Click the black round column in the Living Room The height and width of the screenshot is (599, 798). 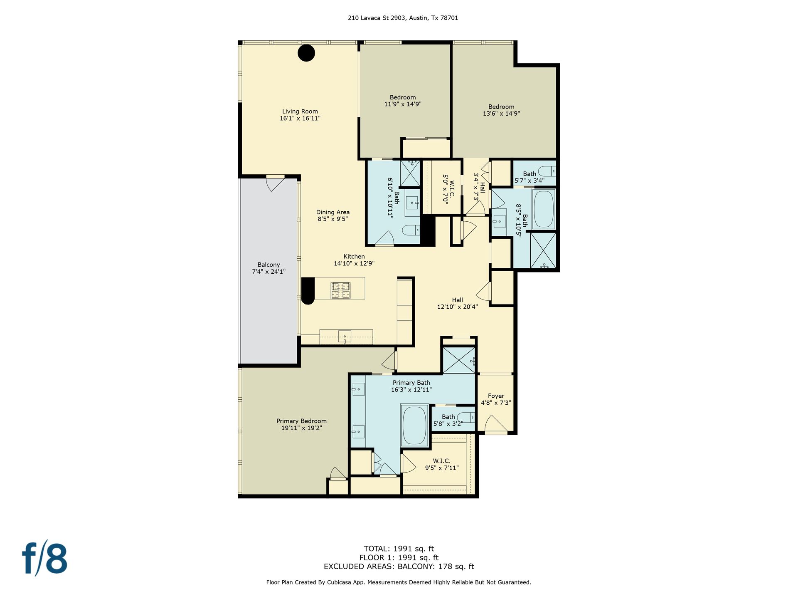point(306,53)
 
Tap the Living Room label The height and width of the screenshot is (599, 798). point(300,115)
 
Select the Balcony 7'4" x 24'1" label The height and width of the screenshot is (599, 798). point(268,268)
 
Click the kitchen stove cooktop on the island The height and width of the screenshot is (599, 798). point(340,290)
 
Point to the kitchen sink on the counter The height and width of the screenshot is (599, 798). point(345,336)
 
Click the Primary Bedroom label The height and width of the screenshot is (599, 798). point(302,424)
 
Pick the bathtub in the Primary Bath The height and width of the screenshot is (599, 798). point(414,426)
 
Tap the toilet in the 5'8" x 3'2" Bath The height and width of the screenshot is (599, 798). point(466,417)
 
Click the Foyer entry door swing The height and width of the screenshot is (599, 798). point(496,424)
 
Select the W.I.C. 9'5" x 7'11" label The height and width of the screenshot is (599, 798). point(441,464)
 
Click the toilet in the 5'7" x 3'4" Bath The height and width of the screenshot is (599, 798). point(547,171)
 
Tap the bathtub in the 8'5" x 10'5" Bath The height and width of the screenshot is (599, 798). point(544,209)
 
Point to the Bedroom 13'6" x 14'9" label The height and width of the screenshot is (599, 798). point(501,110)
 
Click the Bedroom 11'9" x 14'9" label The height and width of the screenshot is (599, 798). point(403,101)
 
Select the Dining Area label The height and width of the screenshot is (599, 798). point(333,215)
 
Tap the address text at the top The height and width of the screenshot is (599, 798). point(403,18)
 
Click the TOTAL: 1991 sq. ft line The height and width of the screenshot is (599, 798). point(399,549)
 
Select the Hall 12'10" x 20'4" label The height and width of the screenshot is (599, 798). point(458,303)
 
